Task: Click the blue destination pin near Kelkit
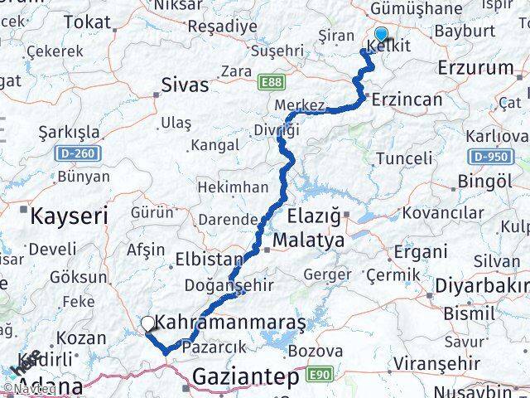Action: pyautogui.click(x=381, y=35)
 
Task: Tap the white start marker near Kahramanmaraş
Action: pyautogui.click(x=148, y=323)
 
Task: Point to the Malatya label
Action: pyautogui.click(x=311, y=240)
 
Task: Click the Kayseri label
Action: pyautogui.click(x=70, y=217)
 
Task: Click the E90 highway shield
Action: pyautogui.click(x=311, y=376)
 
